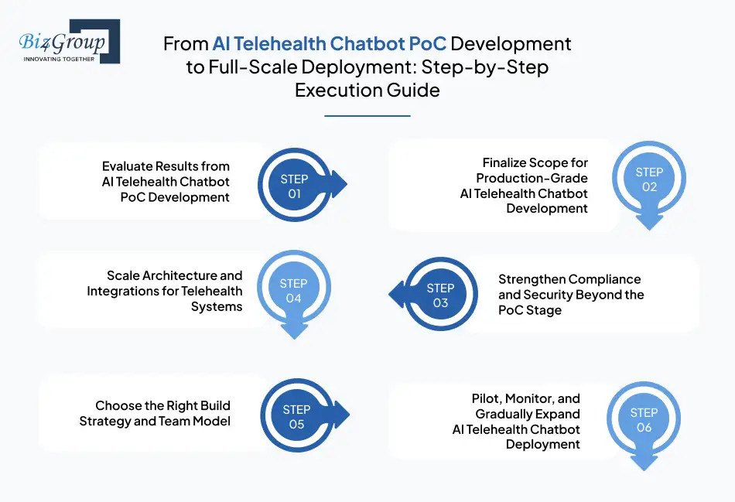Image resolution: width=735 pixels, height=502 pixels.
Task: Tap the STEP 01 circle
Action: [295, 186]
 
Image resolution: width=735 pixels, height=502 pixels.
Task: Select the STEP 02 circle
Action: [649, 179]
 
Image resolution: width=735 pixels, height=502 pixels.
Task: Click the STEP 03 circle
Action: [440, 295]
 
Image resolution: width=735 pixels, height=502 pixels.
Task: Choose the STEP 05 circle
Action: [296, 417]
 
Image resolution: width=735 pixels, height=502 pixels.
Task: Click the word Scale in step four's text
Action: [123, 276]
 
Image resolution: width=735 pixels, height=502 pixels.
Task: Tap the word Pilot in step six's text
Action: [487, 398]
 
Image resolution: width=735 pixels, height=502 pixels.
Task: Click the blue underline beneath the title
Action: [367, 116]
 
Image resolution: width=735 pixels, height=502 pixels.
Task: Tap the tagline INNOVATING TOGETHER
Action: [60, 59]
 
